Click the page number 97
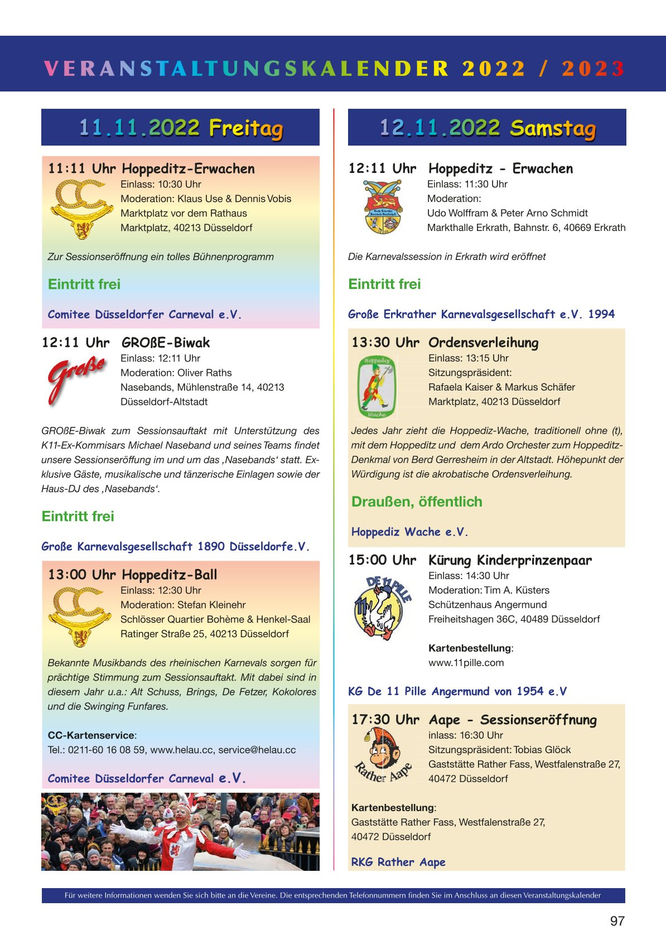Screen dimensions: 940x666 617,921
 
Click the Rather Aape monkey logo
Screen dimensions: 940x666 383,756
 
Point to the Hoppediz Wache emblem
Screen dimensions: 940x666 377,387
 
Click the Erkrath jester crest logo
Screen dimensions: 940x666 383,207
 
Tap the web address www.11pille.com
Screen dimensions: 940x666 466,663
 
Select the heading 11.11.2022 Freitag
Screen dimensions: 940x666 180,128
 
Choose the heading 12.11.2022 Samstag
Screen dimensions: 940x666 487,128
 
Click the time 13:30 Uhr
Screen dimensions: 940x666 385,343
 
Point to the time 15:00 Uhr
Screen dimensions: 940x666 382,560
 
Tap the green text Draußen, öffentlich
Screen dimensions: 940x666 417,502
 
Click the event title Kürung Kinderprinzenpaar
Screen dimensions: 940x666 510,560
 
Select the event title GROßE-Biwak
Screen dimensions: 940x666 166,343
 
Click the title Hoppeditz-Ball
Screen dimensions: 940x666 170,575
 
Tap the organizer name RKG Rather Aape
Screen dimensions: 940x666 398,862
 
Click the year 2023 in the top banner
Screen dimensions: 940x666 593,69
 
